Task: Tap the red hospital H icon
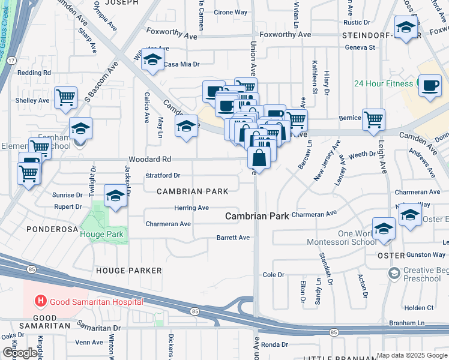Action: pos(41,301)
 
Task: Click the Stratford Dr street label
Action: pos(163,176)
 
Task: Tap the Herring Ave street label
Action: pos(191,208)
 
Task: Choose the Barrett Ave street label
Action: pos(233,238)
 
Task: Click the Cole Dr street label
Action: pos(273,275)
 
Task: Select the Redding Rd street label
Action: pos(34,73)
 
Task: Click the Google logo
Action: pos(19,353)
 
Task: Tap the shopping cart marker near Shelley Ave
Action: pos(65,97)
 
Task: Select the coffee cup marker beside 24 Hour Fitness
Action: pos(429,86)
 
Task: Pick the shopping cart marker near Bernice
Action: pos(374,119)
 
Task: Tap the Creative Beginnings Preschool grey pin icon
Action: pos(394,274)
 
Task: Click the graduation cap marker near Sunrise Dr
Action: pos(116,196)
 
